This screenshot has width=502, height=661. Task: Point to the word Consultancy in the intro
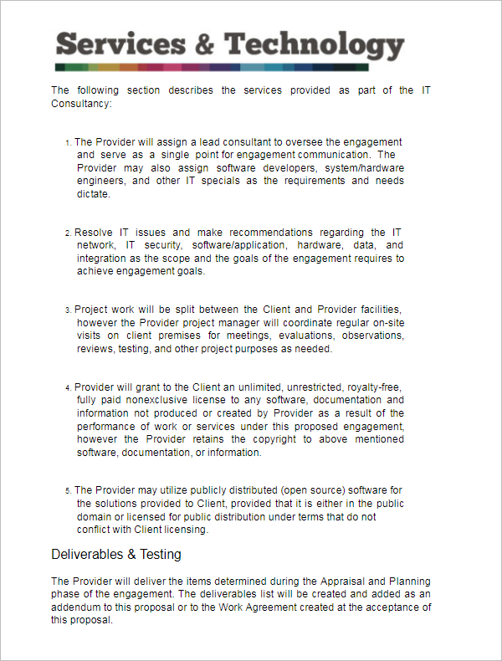pyautogui.click(x=79, y=104)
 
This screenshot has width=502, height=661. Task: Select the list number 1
pyautogui.click(x=68, y=143)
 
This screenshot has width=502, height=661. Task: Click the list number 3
pyautogui.click(x=68, y=310)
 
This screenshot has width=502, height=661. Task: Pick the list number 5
pyautogui.click(x=68, y=491)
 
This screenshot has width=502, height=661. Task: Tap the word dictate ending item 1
pyautogui.click(x=93, y=194)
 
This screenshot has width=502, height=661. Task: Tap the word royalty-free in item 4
pyautogui.click(x=374, y=387)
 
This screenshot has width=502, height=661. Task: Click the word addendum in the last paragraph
pyautogui.click(x=77, y=607)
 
